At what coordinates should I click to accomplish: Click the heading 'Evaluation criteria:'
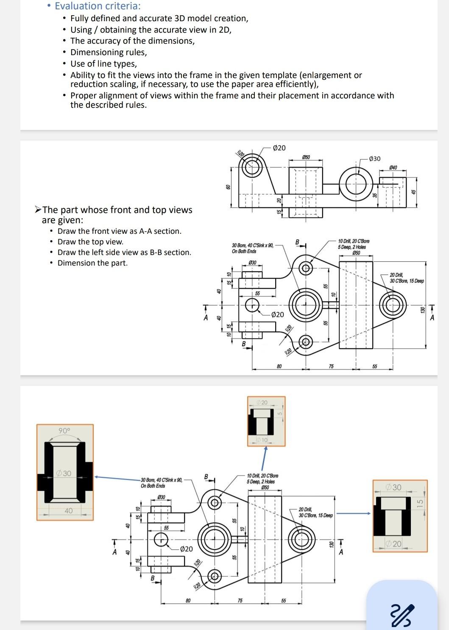[x=98, y=6]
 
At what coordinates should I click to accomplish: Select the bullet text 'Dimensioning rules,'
[x=109, y=52]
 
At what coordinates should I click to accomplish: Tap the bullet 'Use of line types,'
[x=103, y=64]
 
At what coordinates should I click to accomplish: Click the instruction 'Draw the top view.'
[x=90, y=242]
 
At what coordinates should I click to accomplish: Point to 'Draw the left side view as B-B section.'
[x=124, y=252]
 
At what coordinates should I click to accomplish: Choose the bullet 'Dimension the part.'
[x=92, y=263]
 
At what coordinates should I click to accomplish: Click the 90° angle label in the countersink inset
[x=64, y=431]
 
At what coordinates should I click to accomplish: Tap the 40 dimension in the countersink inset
[x=68, y=511]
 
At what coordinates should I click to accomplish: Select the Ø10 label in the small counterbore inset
[x=262, y=440]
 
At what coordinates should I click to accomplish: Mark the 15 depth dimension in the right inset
[x=420, y=503]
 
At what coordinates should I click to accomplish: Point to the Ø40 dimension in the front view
[x=393, y=168]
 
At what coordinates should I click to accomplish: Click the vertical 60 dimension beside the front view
[x=228, y=187]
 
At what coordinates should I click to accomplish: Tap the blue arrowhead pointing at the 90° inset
[x=97, y=477]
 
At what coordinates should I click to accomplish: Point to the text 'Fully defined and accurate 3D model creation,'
[x=159, y=18]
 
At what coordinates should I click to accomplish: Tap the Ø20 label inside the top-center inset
[x=262, y=402]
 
